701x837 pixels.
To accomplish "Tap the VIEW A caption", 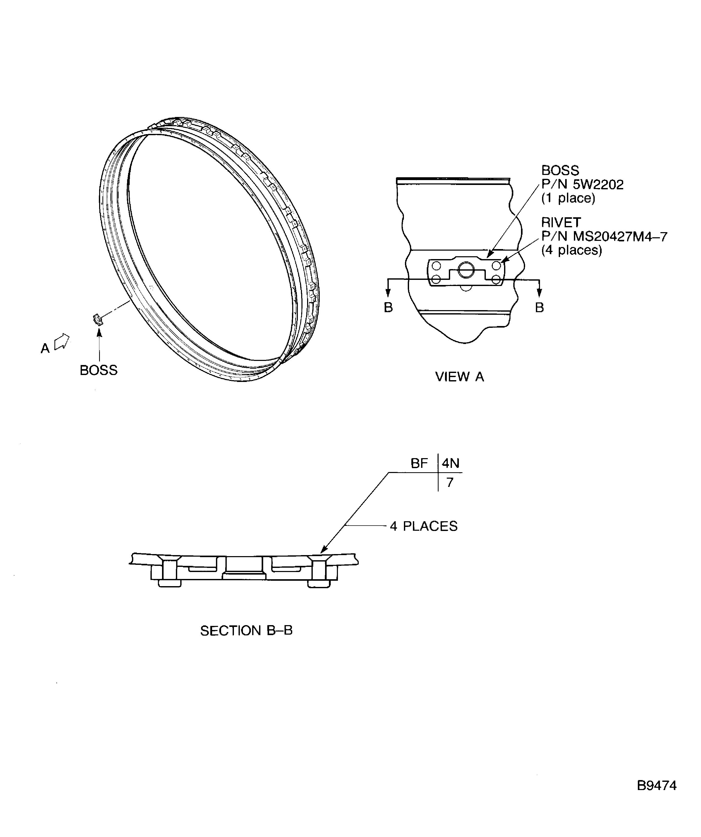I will (459, 377).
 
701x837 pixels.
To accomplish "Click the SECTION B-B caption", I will (246, 631).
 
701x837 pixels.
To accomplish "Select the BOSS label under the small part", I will (99, 370).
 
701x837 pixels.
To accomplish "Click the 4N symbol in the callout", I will (450, 463).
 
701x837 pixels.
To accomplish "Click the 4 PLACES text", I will (424, 526).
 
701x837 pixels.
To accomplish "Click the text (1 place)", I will (568, 198).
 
